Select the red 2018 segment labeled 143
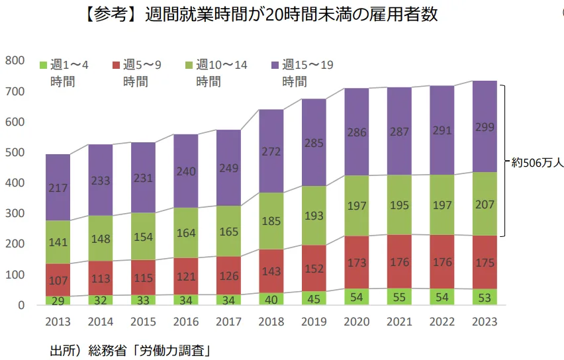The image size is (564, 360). click(271, 271)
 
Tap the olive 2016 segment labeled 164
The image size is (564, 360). click(185, 233)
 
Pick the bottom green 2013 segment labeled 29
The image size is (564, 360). click(58, 300)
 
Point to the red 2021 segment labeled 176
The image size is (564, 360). click(399, 262)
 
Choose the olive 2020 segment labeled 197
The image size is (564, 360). click(357, 206)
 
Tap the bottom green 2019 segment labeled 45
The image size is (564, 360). click(313, 298)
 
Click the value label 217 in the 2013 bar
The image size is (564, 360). click(58, 189)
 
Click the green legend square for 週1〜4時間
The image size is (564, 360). click(44, 65)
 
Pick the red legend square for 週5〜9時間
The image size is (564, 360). click(117, 65)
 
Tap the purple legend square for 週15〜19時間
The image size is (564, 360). click(275, 65)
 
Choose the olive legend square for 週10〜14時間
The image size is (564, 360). click(189, 65)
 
